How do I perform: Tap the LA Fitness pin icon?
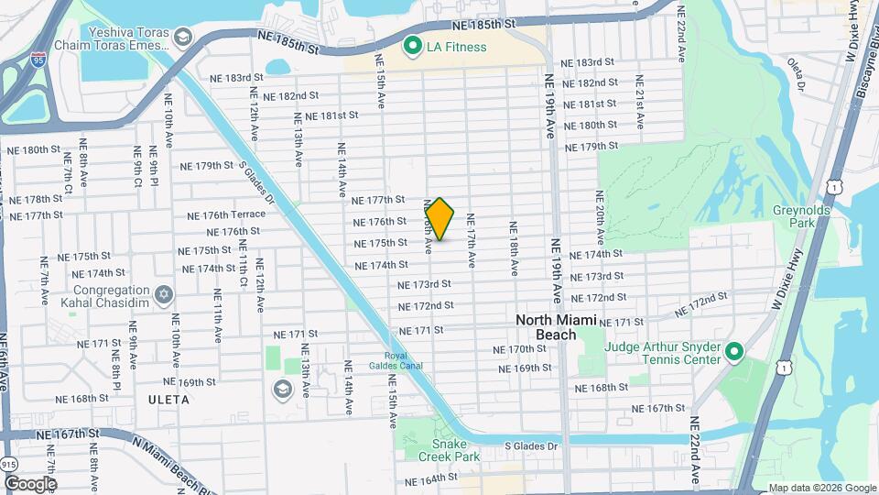(x=412, y=45)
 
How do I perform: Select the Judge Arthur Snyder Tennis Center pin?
(x=733, y=352)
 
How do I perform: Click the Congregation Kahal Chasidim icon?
(x=164, y=294)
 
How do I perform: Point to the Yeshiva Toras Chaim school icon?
(x=182, y=38)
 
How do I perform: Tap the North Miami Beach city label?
(x=556, y=326)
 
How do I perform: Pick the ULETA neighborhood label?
(x=167, y=400)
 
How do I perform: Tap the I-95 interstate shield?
(x=38, y=60)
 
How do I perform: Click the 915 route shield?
(x=8, y=464)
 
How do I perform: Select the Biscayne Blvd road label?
(x=865, y=69)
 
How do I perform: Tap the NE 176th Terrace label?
(x=226, y=215)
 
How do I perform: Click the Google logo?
(x=30, y=483)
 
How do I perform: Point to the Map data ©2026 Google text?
(x=821, y=488)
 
